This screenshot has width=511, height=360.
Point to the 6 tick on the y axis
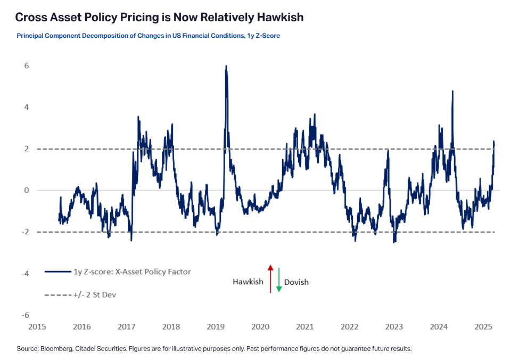point(26,66)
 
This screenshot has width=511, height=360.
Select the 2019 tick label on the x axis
point(215,326)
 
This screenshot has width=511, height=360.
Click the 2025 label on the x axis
point(484,326)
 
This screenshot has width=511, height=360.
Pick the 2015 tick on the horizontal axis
point(36,326)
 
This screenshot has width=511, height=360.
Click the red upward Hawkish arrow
point(270,278)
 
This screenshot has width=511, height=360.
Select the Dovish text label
point(297,282)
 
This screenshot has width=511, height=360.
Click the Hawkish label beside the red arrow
point(248,282)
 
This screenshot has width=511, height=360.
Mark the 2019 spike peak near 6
point(226,67)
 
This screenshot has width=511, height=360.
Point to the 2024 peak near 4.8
point(452,91)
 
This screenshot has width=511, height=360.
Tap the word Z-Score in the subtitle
point(266,36)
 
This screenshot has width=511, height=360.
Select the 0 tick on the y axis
point(26,191)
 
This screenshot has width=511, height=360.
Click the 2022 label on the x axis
point(349,326)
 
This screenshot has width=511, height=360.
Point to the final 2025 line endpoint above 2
point(494,142)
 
